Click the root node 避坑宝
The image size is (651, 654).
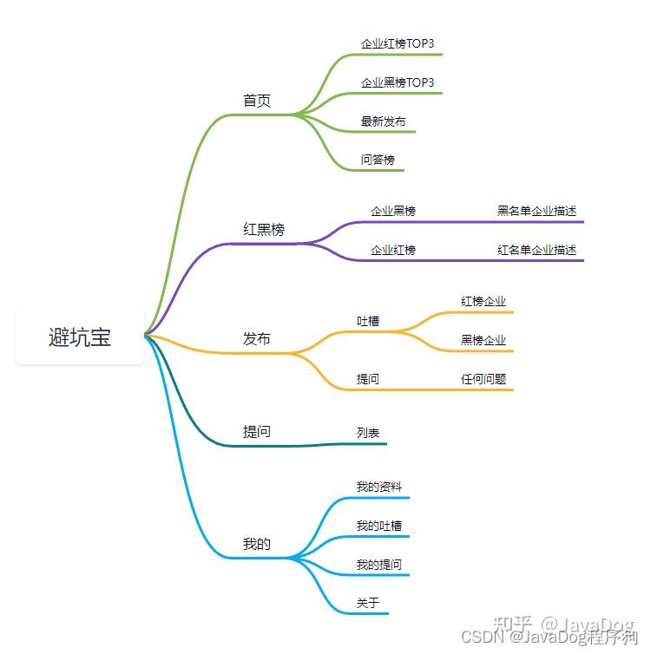tap(80, 337)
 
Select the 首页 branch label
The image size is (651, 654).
tap(257, 101)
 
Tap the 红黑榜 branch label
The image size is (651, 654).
tap(264, 230)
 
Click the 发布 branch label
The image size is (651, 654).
tap(257, 338)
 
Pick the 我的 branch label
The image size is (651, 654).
tap(257, 545)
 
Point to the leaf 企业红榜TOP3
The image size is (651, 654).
tap(398, 43)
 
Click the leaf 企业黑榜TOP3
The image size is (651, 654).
tap(398, 82)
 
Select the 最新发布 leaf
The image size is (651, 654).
tap(384, 121)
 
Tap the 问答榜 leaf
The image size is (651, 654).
tap(378, 160)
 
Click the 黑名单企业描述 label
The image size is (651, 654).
tap(537, 211)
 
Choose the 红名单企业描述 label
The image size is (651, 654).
tap(537, 250)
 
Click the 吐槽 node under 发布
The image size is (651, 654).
tap(368, 321)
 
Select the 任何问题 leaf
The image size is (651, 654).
tap(483, 379)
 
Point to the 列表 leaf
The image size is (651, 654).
tap(368, 433)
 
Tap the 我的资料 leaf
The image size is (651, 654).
tap(379, 487)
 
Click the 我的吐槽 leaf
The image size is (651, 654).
tap(379, 526)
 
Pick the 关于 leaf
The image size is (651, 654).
tap(368, 603)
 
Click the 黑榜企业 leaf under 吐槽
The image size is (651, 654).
tap(483, 340)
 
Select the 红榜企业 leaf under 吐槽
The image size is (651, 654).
tap(483, 301)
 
